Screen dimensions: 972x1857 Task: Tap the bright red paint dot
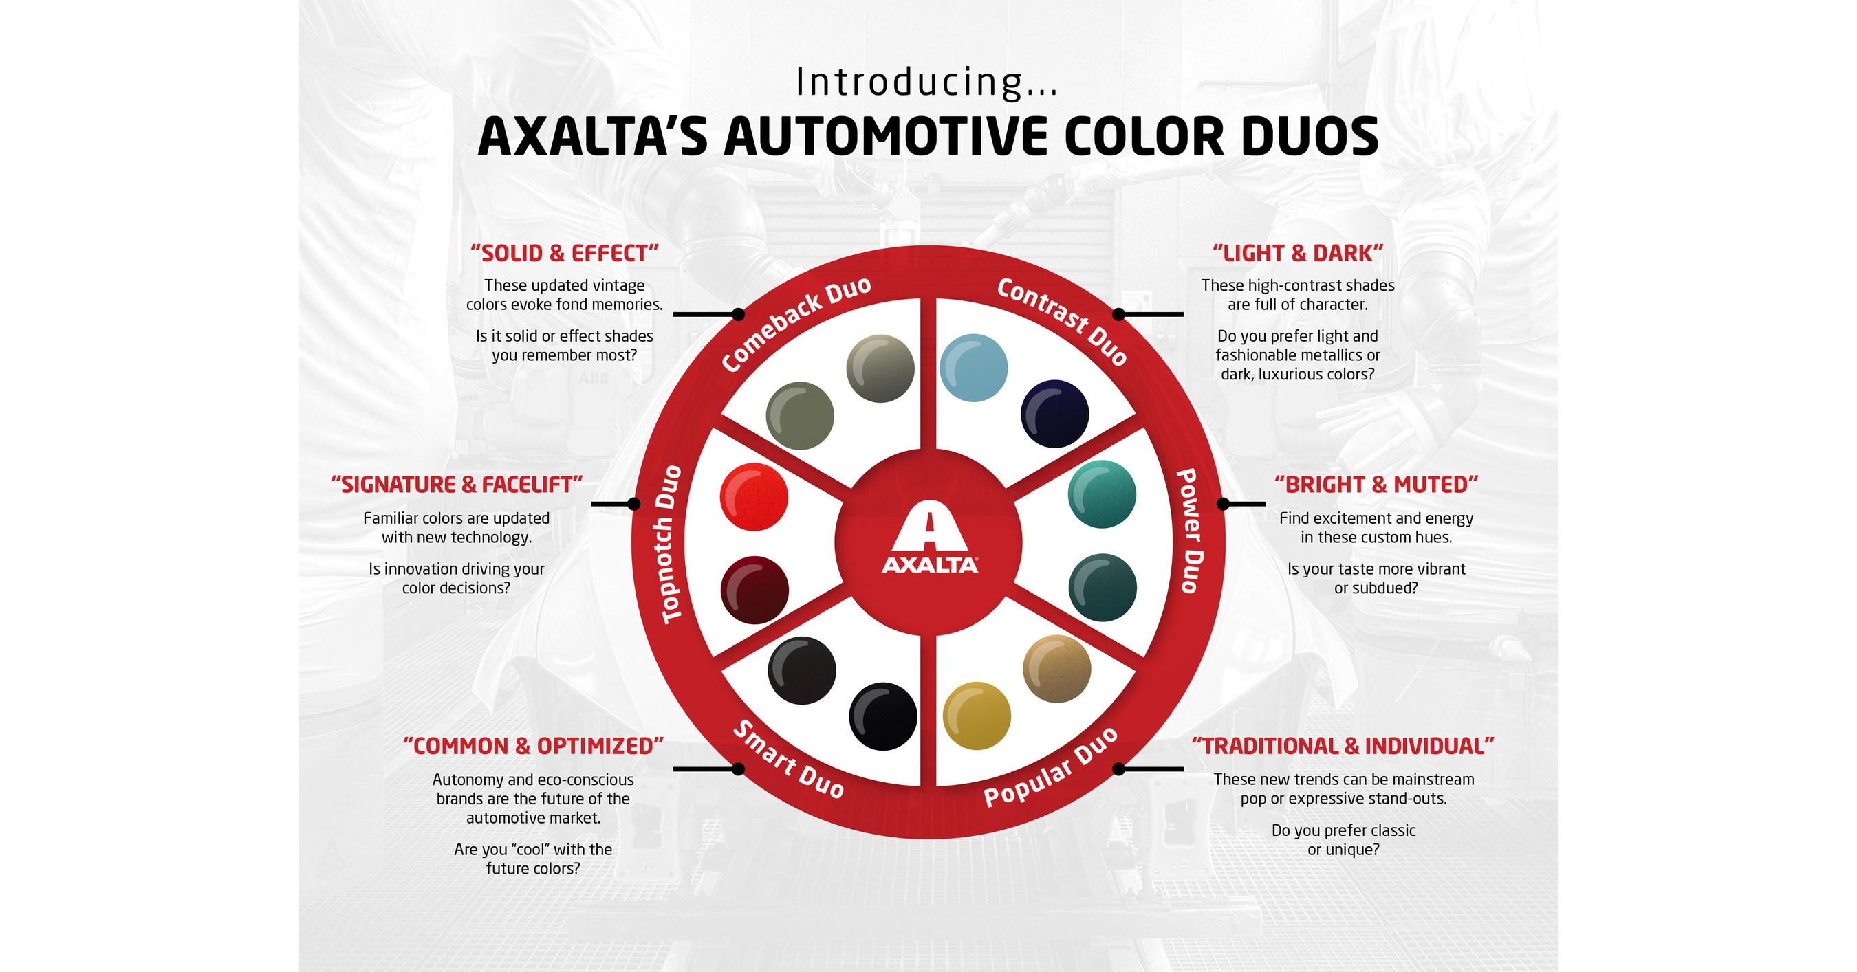point(753,496)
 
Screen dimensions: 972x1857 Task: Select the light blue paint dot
point(973,368)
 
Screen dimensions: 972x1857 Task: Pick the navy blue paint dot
point(1054,414)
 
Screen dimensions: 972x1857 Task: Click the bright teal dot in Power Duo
point(1102,494)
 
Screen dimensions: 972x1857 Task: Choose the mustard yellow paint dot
point(976,716)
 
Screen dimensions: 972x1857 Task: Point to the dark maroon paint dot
point(754,589)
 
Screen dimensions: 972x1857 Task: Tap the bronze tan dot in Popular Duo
point(1056,669)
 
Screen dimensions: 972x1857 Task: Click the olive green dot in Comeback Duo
point(799,416)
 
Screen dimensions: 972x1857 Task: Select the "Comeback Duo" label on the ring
point(796,324)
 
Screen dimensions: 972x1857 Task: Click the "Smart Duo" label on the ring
point(788,760)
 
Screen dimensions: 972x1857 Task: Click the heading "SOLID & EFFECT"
point(565,254)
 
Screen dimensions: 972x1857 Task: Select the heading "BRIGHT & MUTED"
point(1376,485)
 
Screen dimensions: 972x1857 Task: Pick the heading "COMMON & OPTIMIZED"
point(533,746)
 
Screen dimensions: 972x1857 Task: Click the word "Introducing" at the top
point(909,82)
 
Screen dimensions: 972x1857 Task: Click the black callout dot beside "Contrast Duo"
point(1118,314)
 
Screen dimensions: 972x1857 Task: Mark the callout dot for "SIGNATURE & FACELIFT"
point(633,504)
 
